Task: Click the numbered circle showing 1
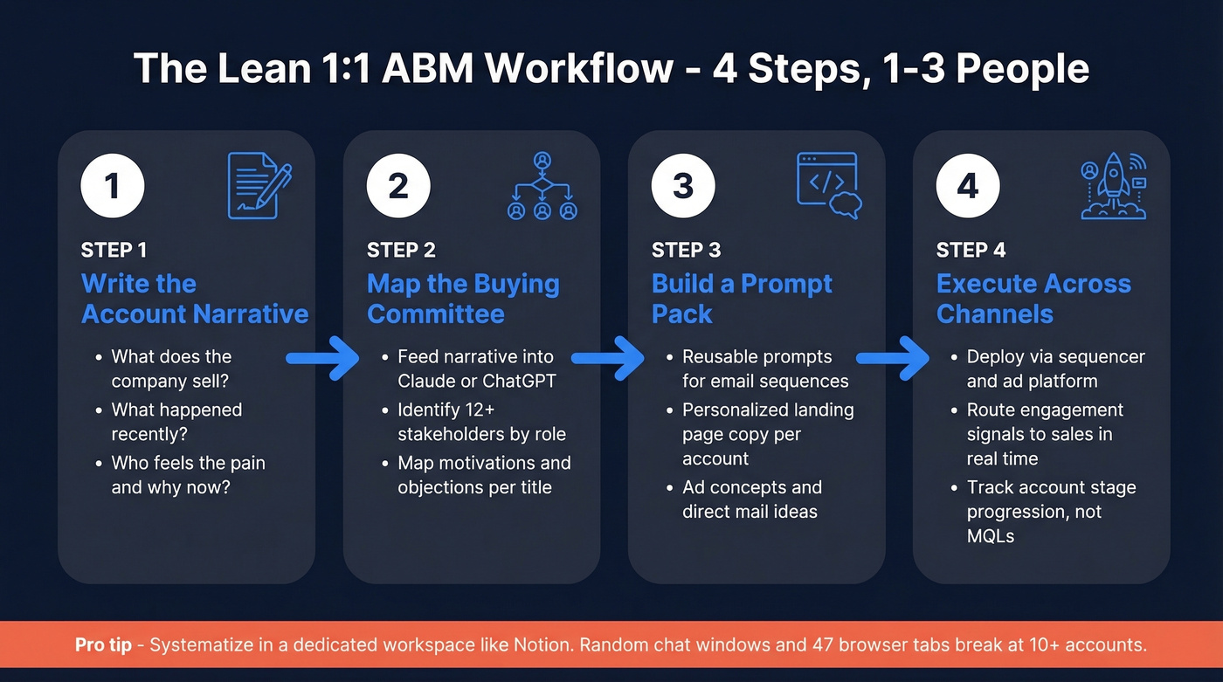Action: pos(112,185)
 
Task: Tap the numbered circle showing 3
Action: pos(683,185)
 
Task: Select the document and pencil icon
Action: pos(259,185)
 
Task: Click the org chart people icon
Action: pos(542,186)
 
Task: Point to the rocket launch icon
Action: pos(1113,186)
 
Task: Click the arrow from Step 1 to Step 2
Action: pos(323,357)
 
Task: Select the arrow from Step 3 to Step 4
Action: pos(893,357)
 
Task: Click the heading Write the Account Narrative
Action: pos(195,299)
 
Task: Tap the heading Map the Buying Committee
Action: pos(463,299)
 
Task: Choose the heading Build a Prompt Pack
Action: pos(742,299)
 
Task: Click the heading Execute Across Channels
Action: pos(1033,299)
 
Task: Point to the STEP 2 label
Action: pos(401,251)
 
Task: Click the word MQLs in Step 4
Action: pos(991,535)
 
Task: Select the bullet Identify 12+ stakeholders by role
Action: pos(481,422)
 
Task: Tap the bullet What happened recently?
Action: pos(176,422)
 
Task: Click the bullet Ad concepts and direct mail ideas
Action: pos(751,499)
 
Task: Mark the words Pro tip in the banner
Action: pos(103,645)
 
